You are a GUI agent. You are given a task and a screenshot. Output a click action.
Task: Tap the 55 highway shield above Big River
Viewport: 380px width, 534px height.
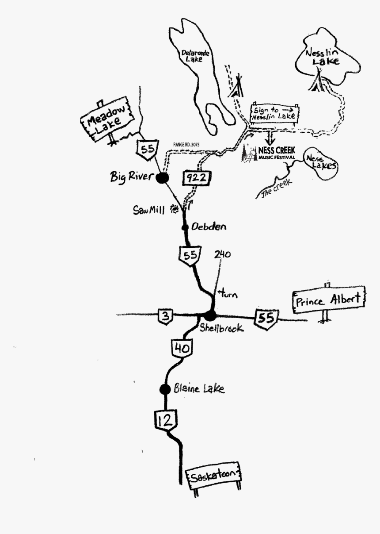146,148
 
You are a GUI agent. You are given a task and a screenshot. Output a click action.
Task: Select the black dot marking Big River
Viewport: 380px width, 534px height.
162,178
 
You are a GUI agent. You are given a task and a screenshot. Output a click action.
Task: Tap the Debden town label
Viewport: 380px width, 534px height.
209,227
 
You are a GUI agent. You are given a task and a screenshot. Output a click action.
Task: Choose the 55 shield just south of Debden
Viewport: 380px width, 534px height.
190,255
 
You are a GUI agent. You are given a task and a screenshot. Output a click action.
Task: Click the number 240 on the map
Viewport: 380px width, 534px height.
222,254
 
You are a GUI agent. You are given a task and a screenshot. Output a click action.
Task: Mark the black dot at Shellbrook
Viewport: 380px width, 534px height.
210,315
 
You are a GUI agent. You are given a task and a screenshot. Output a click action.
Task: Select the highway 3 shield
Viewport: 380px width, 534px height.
165,316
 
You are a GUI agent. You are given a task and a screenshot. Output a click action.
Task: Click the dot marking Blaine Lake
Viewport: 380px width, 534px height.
165,389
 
